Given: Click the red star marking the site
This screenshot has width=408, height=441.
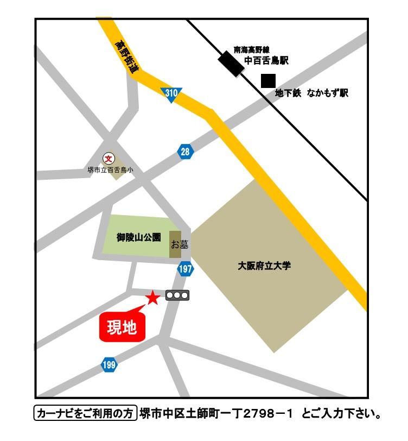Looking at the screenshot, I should click(153, 298).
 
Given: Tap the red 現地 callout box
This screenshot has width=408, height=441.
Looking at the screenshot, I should click(122, 327).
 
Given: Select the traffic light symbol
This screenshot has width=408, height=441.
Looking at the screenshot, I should click(177, 296).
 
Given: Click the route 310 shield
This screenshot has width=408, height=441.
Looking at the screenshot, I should click(171, 94).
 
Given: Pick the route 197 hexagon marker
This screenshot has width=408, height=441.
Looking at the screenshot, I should click(186, 269).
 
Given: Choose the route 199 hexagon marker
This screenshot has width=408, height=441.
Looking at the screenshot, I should click(109, 365).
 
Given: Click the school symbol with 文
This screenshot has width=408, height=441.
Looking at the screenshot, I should click(109, 159).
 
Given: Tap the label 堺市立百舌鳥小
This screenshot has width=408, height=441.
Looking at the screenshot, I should click(110, 170).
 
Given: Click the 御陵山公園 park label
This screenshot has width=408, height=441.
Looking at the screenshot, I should click(139, 237).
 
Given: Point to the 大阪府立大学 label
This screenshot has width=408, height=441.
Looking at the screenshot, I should click(264, 266).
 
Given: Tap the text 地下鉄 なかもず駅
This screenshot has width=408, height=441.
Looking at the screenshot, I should click(311, 93).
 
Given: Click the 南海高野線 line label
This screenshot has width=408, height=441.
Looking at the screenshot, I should click(252, 49).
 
